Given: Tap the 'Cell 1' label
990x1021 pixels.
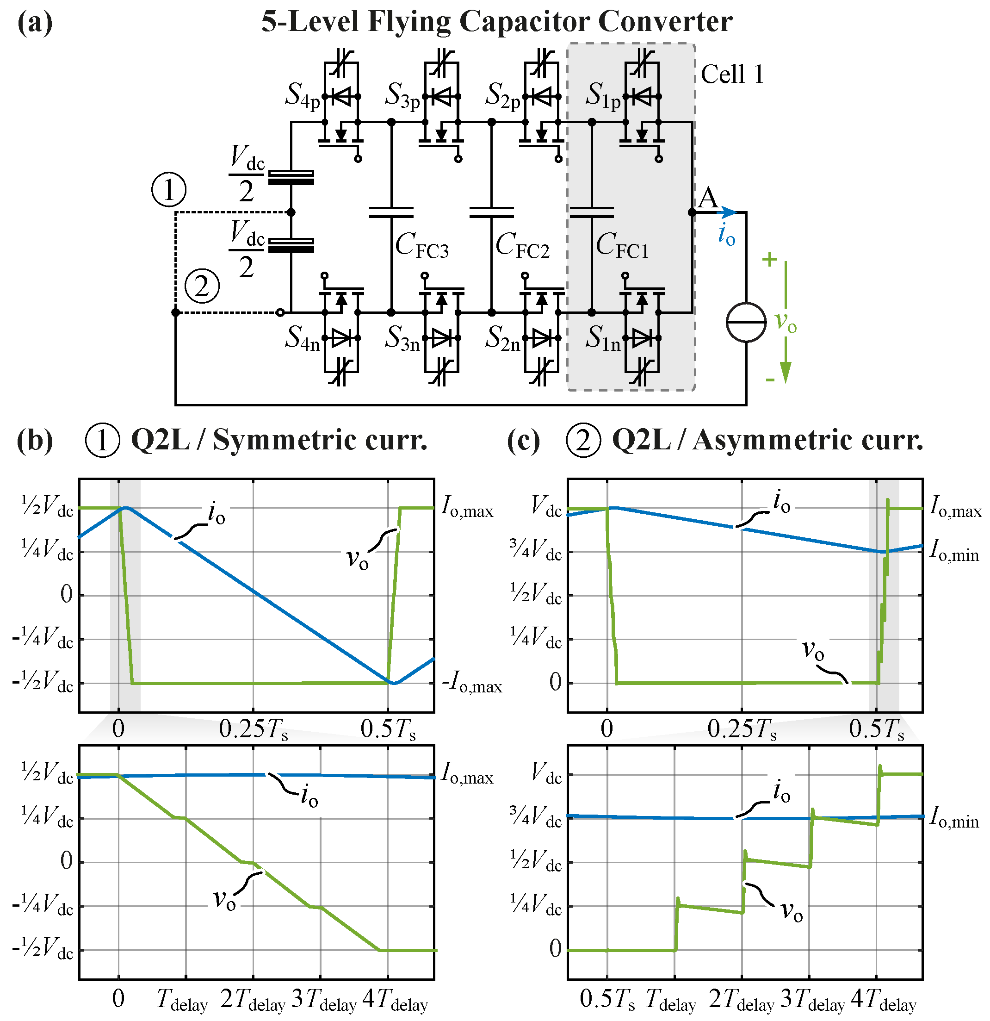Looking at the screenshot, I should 732,75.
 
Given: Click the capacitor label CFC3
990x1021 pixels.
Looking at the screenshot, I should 421,245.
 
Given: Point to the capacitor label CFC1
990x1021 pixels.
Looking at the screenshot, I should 622,245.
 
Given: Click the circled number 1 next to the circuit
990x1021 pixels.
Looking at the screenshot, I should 169,190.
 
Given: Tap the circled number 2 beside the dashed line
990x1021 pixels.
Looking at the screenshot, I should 202,286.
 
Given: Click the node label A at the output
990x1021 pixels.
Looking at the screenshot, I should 708,199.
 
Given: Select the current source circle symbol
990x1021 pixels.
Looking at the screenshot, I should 746,323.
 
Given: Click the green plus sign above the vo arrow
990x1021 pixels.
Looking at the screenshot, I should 769,259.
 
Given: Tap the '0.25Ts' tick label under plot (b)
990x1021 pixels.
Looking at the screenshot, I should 253,729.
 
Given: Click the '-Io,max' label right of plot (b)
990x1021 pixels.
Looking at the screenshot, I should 472,682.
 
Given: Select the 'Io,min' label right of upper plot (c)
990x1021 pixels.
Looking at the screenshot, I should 954,551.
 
